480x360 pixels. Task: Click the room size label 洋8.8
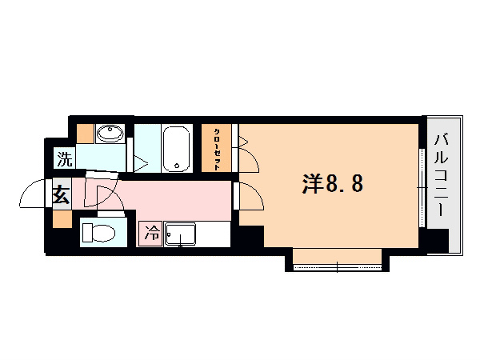coord(333,185)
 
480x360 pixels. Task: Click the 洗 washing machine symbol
coord(64,159)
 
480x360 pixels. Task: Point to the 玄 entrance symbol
coord(62,194)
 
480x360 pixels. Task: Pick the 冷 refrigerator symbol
coord(150,234)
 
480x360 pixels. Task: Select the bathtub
coord(176,149)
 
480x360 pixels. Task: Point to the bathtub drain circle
coord(177,167)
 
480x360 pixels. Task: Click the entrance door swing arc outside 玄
coord(35,194)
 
